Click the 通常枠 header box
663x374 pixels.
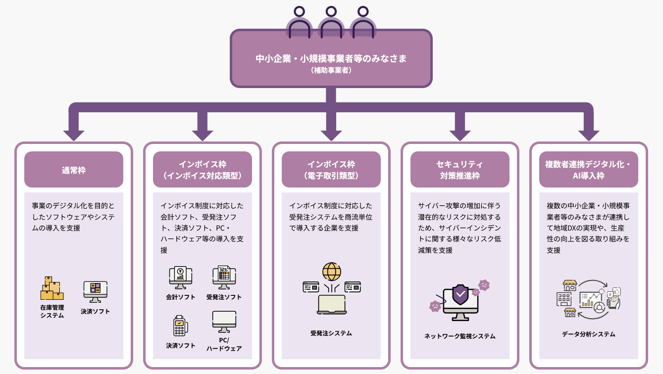coord(74,170)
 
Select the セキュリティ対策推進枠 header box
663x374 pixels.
coord(460,170)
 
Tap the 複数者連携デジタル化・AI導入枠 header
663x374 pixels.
coord(589,170)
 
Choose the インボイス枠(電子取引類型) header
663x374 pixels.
coord(331,170)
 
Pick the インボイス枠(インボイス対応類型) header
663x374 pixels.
coord(203,170)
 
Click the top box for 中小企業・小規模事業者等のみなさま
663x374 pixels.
coord(331,58)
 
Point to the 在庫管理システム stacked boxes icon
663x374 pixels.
coord(52,288)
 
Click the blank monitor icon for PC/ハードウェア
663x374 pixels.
coord(224,322)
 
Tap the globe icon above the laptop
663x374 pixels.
coord(331,272)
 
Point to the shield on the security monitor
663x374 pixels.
coord(460,295)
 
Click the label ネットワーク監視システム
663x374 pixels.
coord(460,336)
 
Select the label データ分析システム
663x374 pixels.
coord(589,334)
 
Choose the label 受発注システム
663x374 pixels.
coord(331,333)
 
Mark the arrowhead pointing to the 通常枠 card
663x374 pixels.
coord(74,135)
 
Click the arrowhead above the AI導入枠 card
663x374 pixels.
coord(589,135)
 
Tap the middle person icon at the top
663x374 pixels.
coord(331,23)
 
